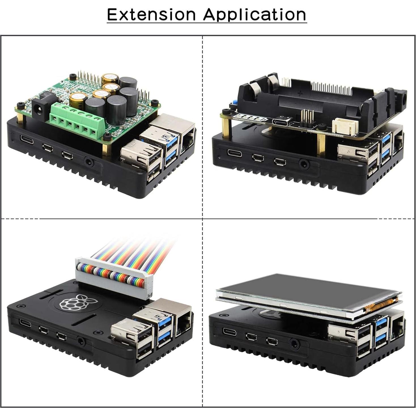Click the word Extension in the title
click(x=151, y=14)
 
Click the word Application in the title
click(x=255, y=14)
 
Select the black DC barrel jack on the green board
click(x=38, y=109)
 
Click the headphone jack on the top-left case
click(x=90, y=163)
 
